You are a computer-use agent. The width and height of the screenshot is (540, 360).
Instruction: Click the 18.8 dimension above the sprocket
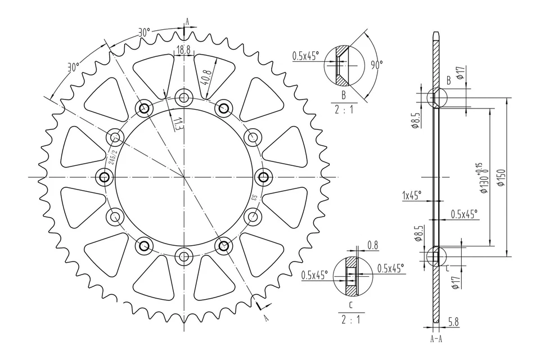click(x=184, y=51)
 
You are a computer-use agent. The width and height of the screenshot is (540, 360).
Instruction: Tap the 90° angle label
click(x=376, y=65)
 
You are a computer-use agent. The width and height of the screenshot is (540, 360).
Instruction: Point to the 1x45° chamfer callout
click(x=412, y=197)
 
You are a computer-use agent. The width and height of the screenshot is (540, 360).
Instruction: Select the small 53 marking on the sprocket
click(x=254, y=198)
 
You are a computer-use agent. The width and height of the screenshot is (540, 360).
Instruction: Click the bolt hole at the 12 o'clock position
click(x=183, y=97)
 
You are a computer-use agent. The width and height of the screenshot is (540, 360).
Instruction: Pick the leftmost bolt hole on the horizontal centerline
click(x=103, y=177)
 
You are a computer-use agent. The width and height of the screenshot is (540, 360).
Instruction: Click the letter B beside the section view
click(x=448, y=80)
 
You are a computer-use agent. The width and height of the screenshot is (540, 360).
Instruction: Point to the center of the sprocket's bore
click(x=183, y=177)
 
